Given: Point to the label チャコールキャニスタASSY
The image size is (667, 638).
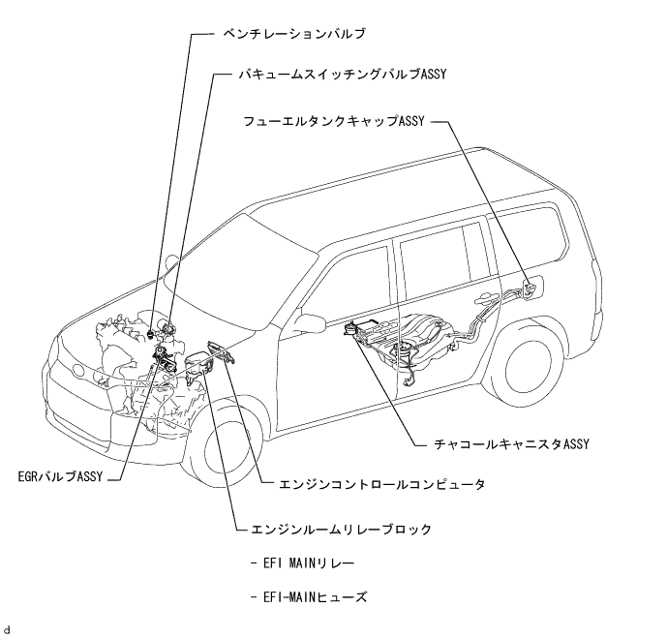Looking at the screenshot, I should pyautogui.click(x=512, y=445).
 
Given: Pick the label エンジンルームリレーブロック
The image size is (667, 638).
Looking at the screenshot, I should pyautogui.click(x=354, y=530).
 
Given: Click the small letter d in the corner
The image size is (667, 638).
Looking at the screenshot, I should pyautogui.click(x=8, y=630).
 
